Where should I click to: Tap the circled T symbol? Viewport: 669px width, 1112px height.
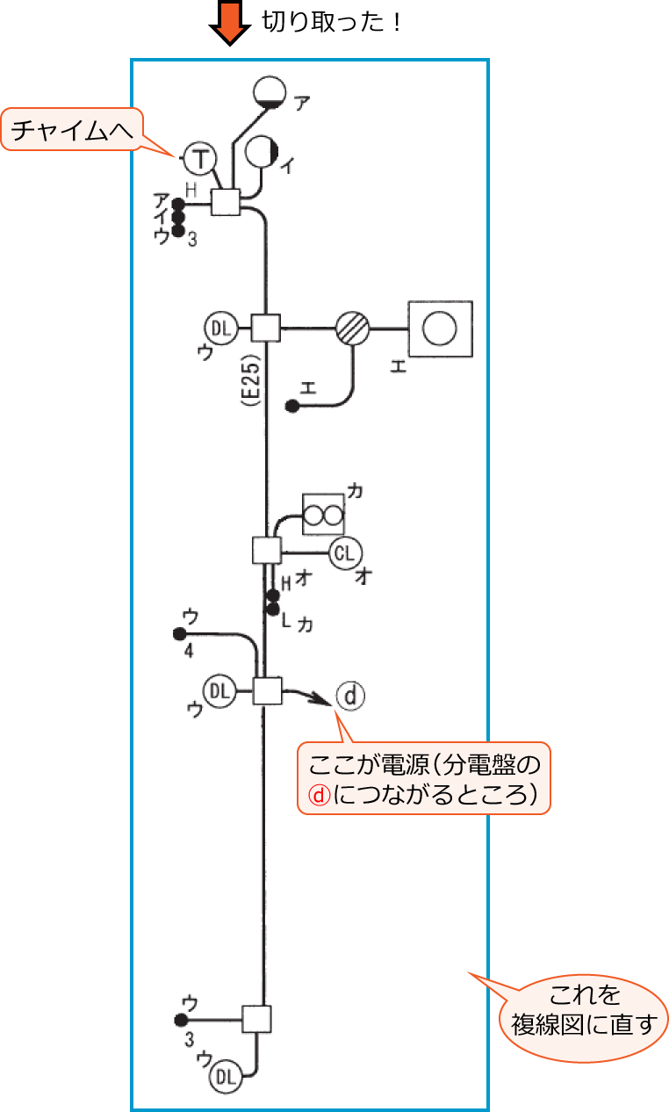[x=201, y=159]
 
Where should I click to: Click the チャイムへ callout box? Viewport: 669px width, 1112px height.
[x=72, y=132]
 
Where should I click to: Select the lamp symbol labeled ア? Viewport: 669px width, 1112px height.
[x=270, y=91]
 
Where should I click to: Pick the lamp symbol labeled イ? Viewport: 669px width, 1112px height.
[x=263, y=152]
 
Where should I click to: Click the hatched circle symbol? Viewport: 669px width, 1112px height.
[x=352, y=329]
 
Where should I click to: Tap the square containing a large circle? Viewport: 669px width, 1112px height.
[x=440, y=329]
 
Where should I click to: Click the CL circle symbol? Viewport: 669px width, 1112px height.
[x=346, y=552]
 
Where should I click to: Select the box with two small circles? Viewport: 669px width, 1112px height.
[x=321, y=514]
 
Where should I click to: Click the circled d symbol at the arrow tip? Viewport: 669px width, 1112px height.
[x=349, y=696]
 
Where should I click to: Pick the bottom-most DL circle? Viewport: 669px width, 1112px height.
[x=226, y=1075]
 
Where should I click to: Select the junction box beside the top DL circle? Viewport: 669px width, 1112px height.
[x=265, y=329]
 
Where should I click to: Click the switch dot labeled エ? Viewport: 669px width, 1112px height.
[x=292, y=407]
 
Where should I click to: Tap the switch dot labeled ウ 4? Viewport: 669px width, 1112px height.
[x=180, y=633]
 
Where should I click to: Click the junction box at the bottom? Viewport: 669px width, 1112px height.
[x=256, y=1020]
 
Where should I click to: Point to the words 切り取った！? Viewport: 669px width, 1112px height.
[x=331, y=22]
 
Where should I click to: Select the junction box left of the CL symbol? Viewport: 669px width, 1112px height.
[x=267, y=551]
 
